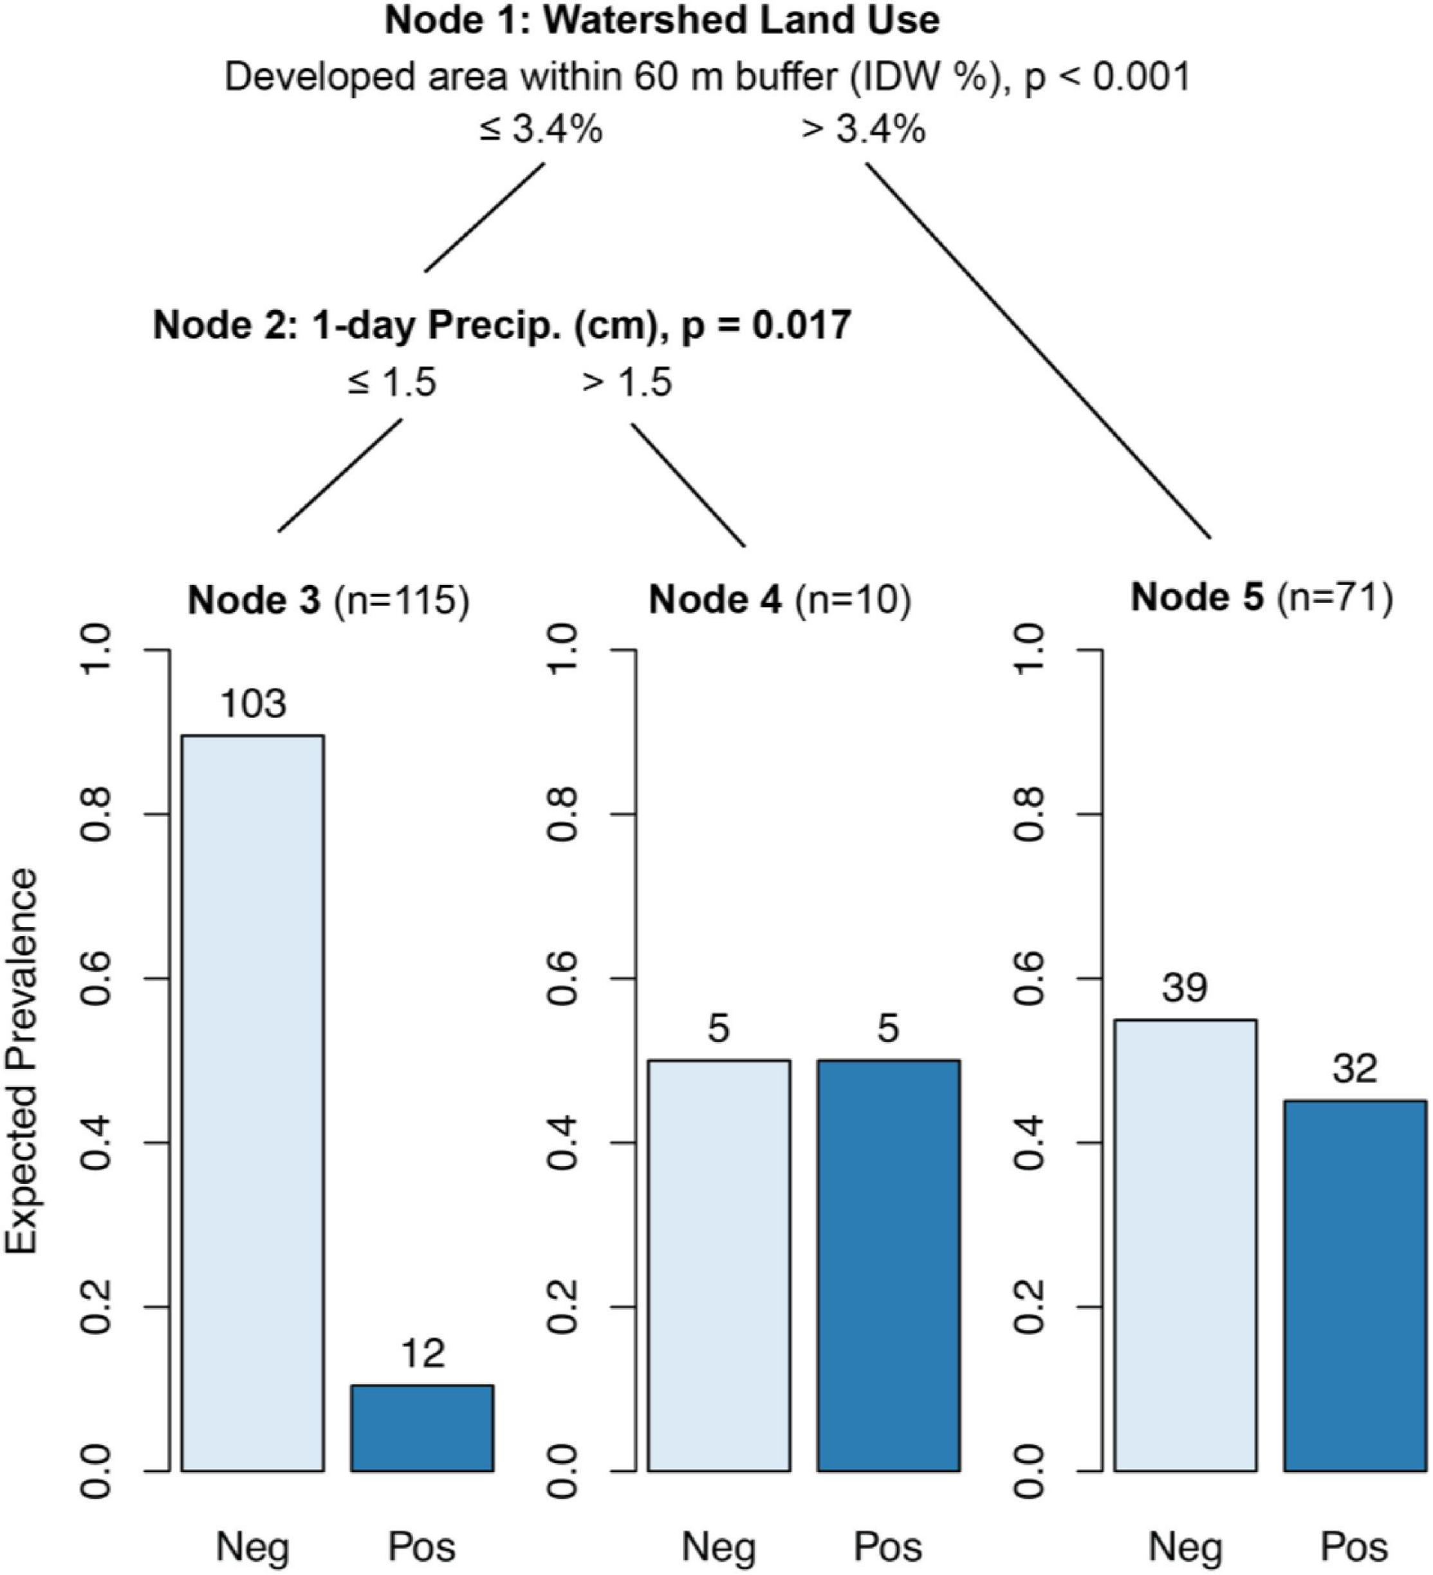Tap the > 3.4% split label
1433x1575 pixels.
(x=864, y=130)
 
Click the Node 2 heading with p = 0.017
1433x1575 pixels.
(x=502, y=325)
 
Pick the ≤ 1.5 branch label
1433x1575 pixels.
(x=393, y=383)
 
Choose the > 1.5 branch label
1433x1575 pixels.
(x=627, y=383)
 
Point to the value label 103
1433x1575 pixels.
(x=253, y=704)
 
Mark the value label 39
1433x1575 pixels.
(x=1185, y=988)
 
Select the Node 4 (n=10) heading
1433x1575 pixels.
(x=780, y=600)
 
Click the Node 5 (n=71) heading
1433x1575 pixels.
(x=1262, y=598)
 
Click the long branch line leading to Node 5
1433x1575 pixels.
(x=1039, y=351)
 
